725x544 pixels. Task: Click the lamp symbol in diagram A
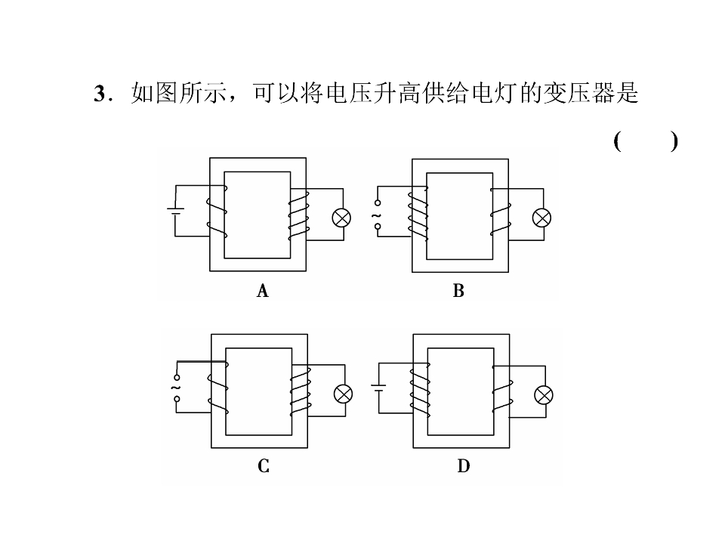(x=342, y=218)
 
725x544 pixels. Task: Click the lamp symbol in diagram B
(x=541, y=218)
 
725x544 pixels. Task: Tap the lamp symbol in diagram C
(x=344, y=394)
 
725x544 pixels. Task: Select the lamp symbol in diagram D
(x=543, y=394)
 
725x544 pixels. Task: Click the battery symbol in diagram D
(x=378, y=388)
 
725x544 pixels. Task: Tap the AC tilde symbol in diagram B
(x=376, y=217)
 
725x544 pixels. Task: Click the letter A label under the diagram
(x=262, y=291)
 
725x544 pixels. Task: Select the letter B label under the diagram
(x=458, y=291)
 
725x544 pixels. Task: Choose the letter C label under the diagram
(x=263, y=467)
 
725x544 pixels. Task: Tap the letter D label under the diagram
(x=463, y=467)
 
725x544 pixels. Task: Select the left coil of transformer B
(x=418, y=215)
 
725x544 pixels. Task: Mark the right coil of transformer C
(x=300, y=390)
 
